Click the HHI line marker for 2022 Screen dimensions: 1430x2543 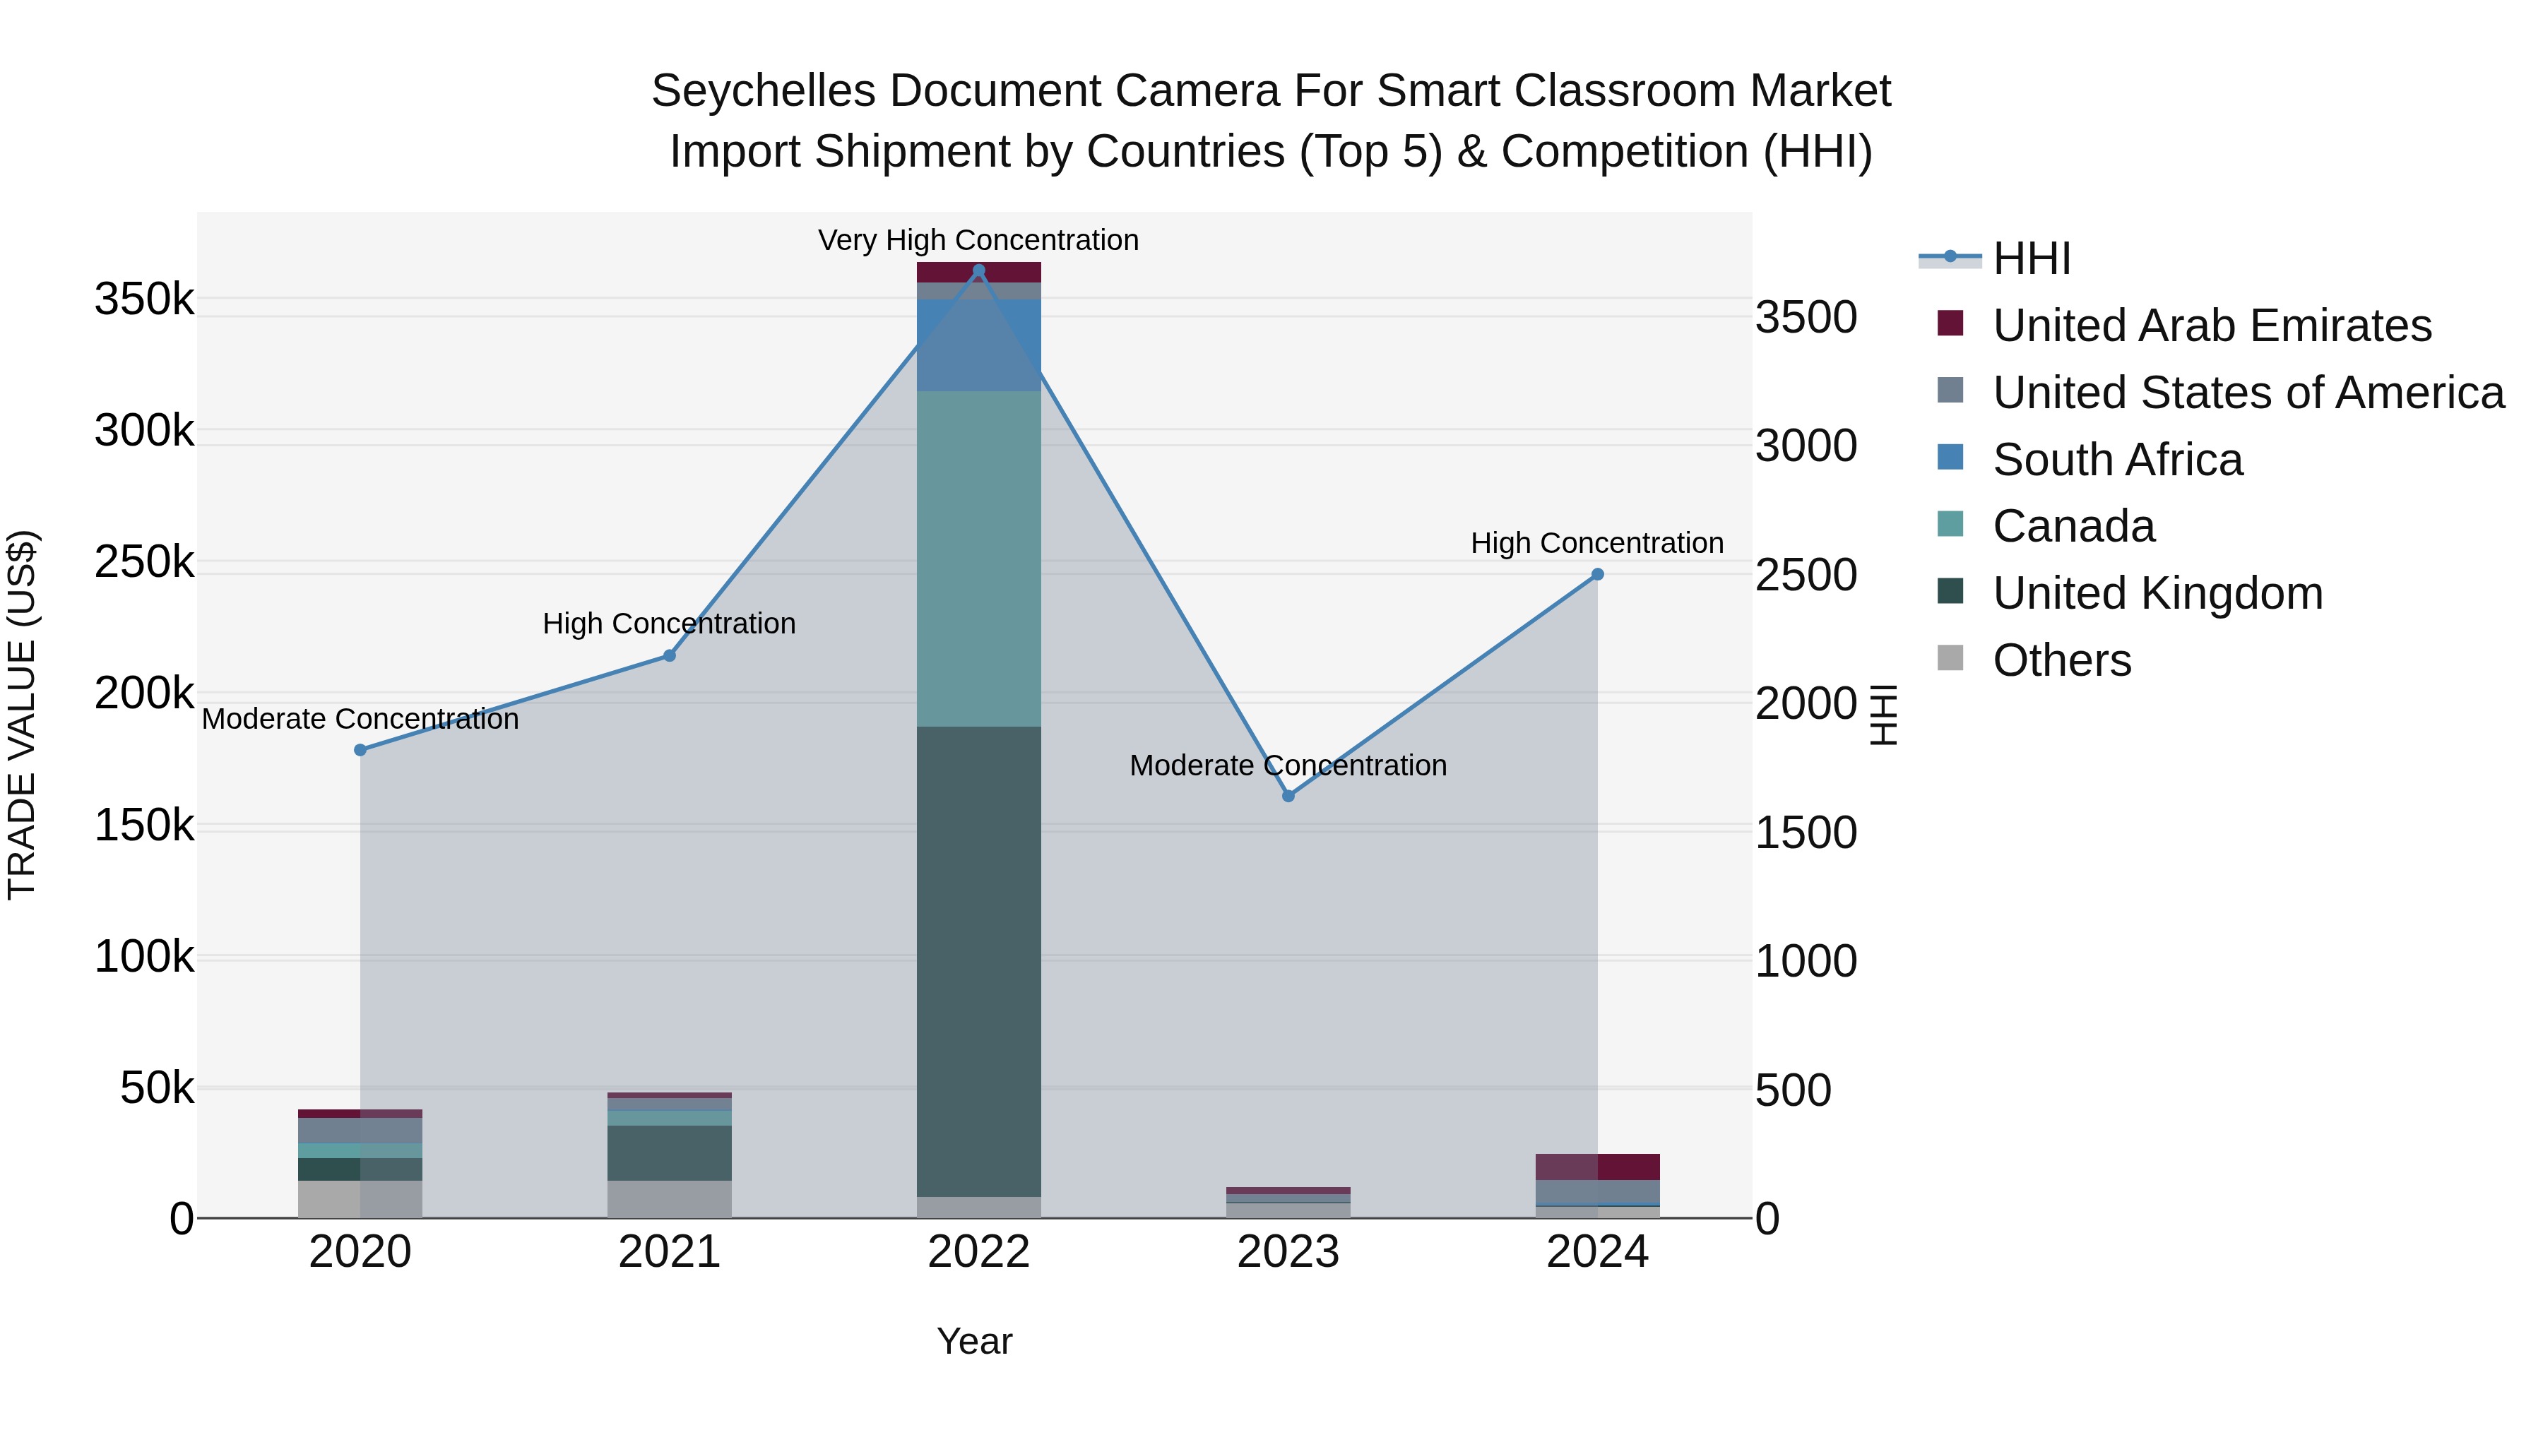(x=978, y=270)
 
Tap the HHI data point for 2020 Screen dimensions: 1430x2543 (x=360, y=750)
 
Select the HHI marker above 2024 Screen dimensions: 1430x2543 (x=1597, y=574)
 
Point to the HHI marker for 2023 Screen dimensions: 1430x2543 (x=1288, y=795)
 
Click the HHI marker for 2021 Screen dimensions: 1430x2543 (x=670, y=655)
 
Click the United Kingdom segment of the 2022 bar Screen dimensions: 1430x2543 (x=978, y=963)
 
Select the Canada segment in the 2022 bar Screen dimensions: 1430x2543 (x=978, y=559)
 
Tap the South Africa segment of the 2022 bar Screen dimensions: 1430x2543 (x=978, y=345)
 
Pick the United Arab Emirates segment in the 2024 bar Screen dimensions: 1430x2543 (x=1597, y=1167)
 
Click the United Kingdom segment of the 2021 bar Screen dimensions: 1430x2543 (x=670, y=1152)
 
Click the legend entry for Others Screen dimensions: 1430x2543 (x=2061, y=660)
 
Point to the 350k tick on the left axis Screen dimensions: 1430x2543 (x=144, y=299)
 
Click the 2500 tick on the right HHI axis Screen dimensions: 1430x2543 (x=1806, y=576)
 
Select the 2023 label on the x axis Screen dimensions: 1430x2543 (x=1288, y=1252)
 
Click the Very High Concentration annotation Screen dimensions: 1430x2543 (x=978, y=240)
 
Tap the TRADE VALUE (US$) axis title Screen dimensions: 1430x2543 (x=22, y=715)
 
